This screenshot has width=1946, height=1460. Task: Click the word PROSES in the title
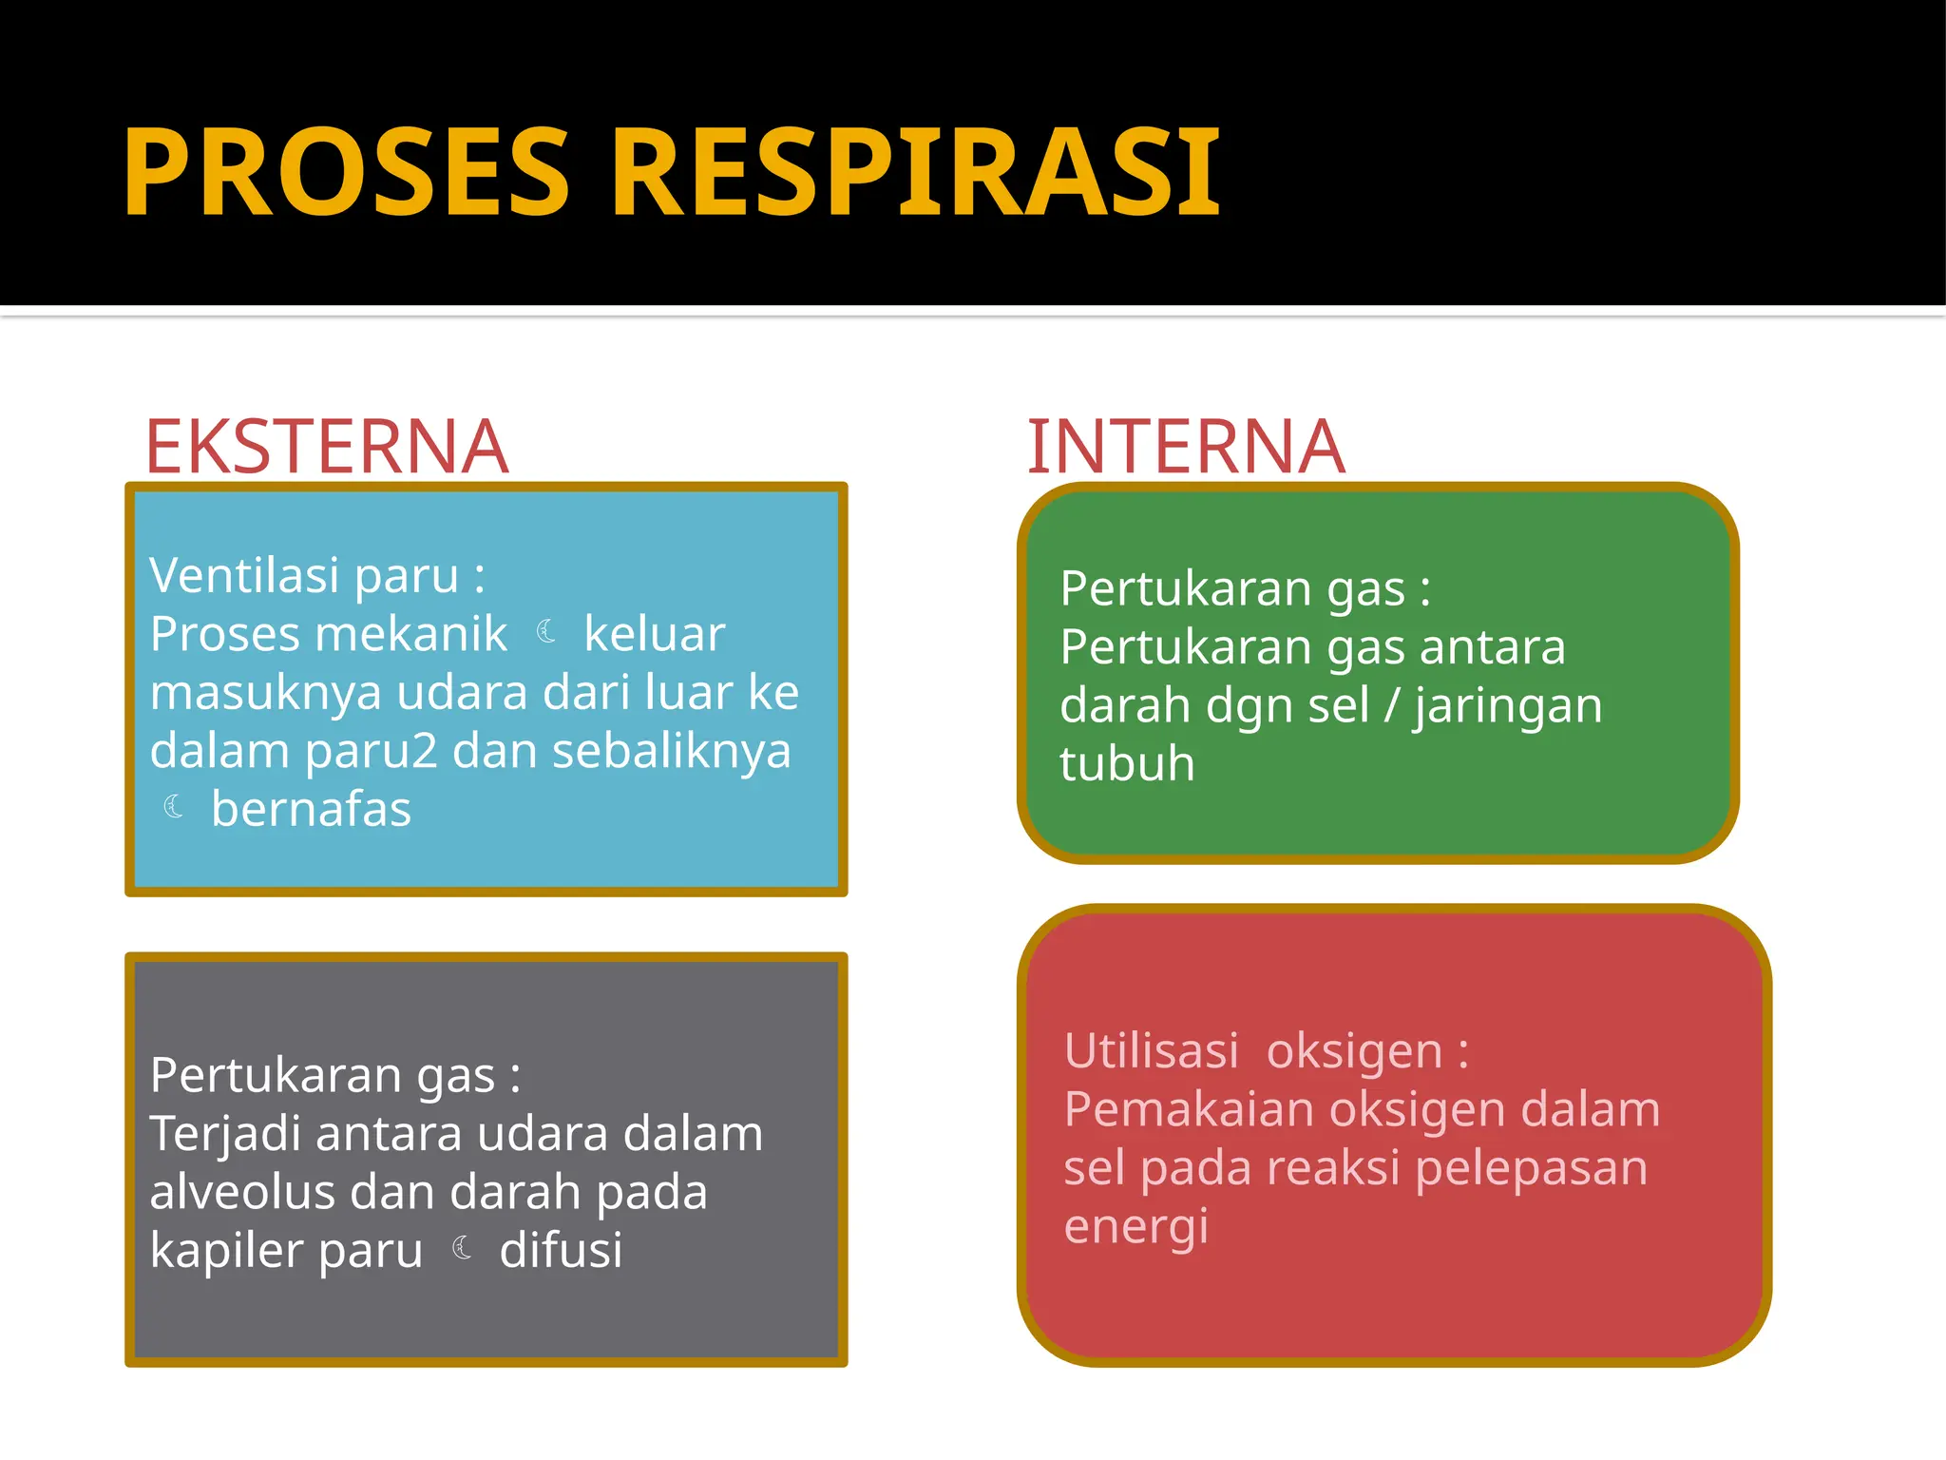tap(347, 173)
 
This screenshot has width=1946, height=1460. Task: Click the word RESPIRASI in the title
tap(916, 173)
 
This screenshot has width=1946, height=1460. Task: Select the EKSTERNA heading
tap(326, 447)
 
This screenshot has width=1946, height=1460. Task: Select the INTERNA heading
tap(1186, 447)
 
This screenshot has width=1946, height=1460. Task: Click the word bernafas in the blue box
tap(311, 810)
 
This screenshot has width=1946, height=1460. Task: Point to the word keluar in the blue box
tap(654, 634)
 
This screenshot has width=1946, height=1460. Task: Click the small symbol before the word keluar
tap(546, 631)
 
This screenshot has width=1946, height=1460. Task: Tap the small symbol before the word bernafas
tap(174, 807)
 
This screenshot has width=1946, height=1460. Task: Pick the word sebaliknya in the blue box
tap(671, 751)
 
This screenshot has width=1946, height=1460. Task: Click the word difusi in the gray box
tap(561, 1250)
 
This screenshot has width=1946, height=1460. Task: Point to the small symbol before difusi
tap(463, 1247)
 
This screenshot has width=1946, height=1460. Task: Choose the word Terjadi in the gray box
tap(225, 1134)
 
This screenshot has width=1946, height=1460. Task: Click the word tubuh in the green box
tap(1127, 764)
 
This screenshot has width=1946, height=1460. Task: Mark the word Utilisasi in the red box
tap(1151, 1051)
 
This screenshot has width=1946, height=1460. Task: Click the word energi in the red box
tap(1135, 1227)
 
